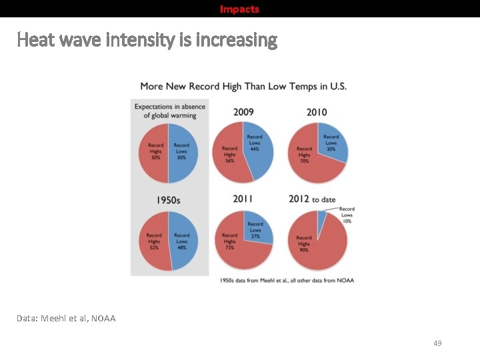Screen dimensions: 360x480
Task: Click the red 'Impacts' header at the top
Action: tap(239, 9)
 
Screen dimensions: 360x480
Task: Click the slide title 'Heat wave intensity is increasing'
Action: tap(147, 41)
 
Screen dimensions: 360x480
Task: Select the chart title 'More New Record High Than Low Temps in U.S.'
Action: tap(243, 87)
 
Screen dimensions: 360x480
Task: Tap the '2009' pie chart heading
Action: tap(243, 112)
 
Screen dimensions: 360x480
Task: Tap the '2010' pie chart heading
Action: tap(317, 112)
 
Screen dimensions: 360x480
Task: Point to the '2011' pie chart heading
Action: tap(243, 199)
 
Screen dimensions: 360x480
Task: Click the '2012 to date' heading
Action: tap(312, 199)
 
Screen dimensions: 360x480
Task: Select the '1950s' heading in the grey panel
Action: tap(168, 199)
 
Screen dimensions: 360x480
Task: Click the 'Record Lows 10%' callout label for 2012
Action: tap(347, 215)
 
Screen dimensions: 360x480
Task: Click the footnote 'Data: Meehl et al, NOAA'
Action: tap(66, 318)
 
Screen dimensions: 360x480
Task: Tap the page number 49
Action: tap(437, 343)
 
